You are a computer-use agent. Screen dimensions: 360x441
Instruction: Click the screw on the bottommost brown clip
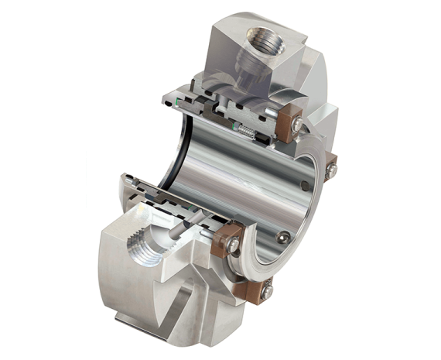pos(266,290)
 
